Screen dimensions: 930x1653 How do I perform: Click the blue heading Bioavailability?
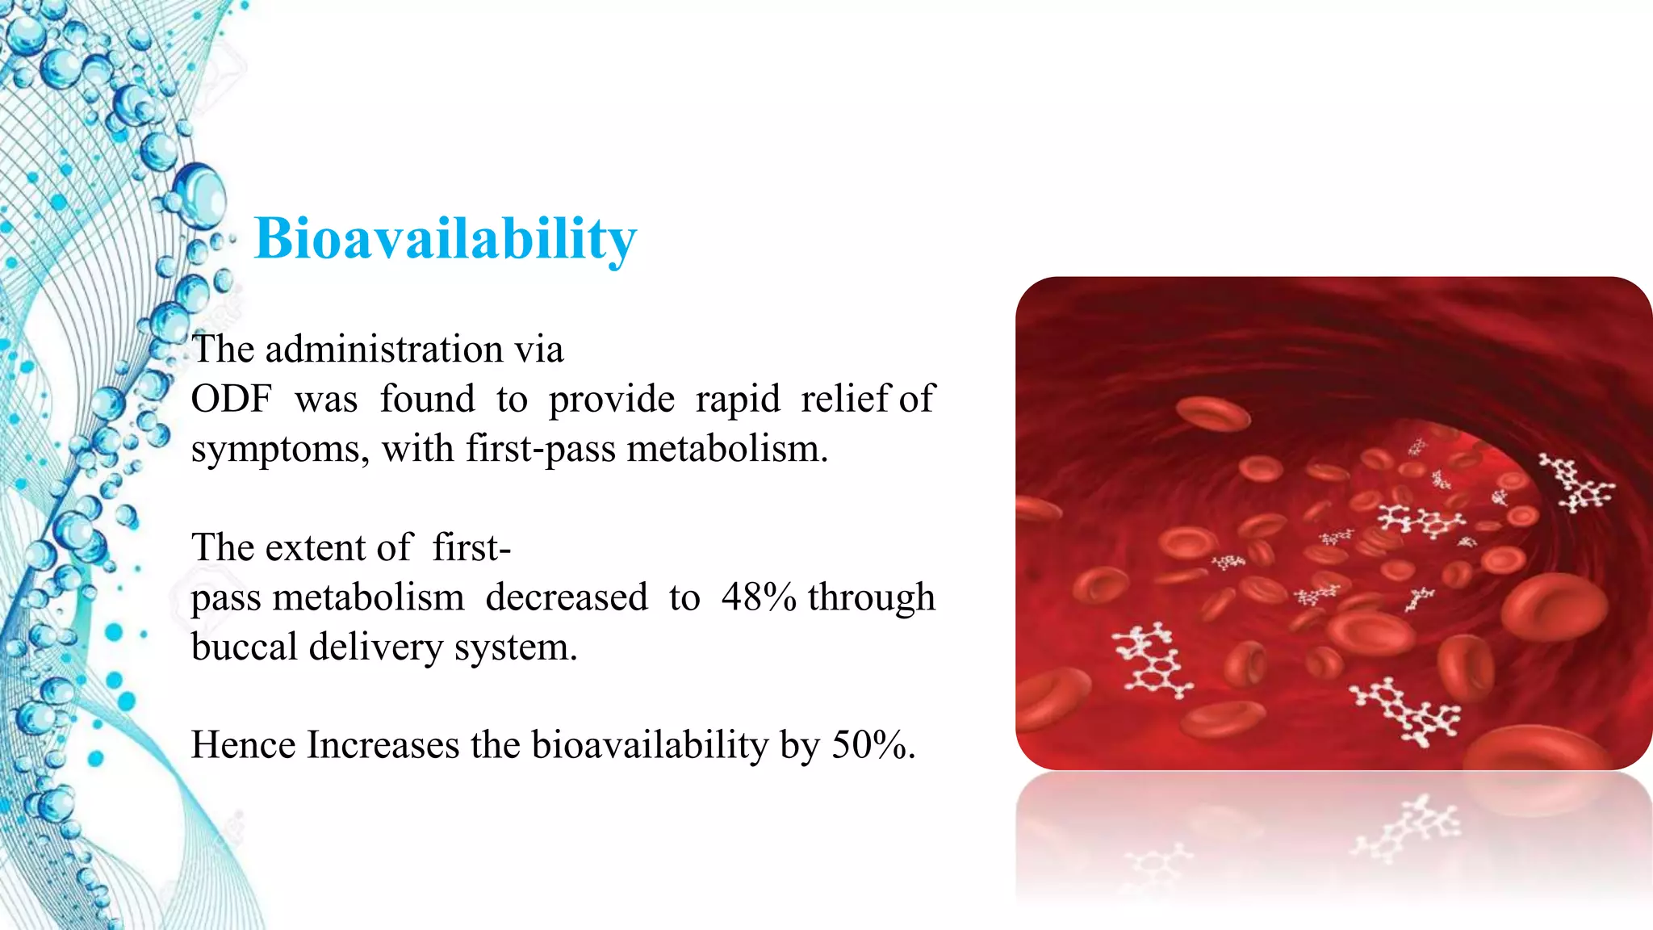pyautogui.click(x=446, y=239)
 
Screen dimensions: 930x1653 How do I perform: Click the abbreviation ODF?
pyautogui.click(x=231, y=399)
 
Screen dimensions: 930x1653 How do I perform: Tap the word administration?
pyautogui.click(x=384, y=350)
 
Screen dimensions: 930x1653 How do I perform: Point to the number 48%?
pyautogui.click(x=759, y=597)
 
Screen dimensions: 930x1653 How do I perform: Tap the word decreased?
pyautogui.click(x=567, y=597)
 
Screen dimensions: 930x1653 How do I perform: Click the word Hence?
pyautogui.click(x=243, y=744)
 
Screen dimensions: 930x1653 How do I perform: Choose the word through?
pyautogui.click(x=871, y=598)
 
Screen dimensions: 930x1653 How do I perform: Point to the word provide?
pyautogui.click(x=612, y=400)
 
